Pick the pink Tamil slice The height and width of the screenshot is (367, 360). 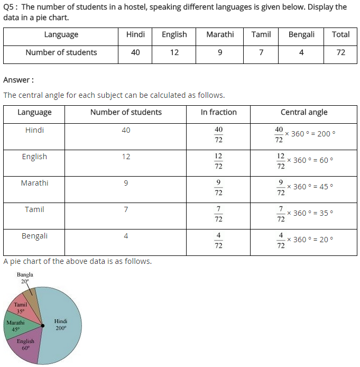(x=22, y=309)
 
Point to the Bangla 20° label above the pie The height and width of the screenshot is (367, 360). (x=25, y=278)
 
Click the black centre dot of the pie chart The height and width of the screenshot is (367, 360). (x=42, y=325)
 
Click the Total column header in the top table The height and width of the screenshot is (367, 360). (x=340, y=34)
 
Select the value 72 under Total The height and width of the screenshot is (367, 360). (x=340, y=52)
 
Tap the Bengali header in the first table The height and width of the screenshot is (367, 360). (x=301, y=34)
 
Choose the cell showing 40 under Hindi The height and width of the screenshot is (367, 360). (x=135, y=52)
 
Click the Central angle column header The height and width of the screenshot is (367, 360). (x=304, y=112)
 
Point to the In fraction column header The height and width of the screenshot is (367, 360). (x=218, y=112)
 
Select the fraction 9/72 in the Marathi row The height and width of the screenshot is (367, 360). (x=218, y=188)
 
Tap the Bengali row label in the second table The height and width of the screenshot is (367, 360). (x=34, y=236)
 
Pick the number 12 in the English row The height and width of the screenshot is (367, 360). (x=126, y=157)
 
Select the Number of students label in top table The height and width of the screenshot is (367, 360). (x=61, y=52)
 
